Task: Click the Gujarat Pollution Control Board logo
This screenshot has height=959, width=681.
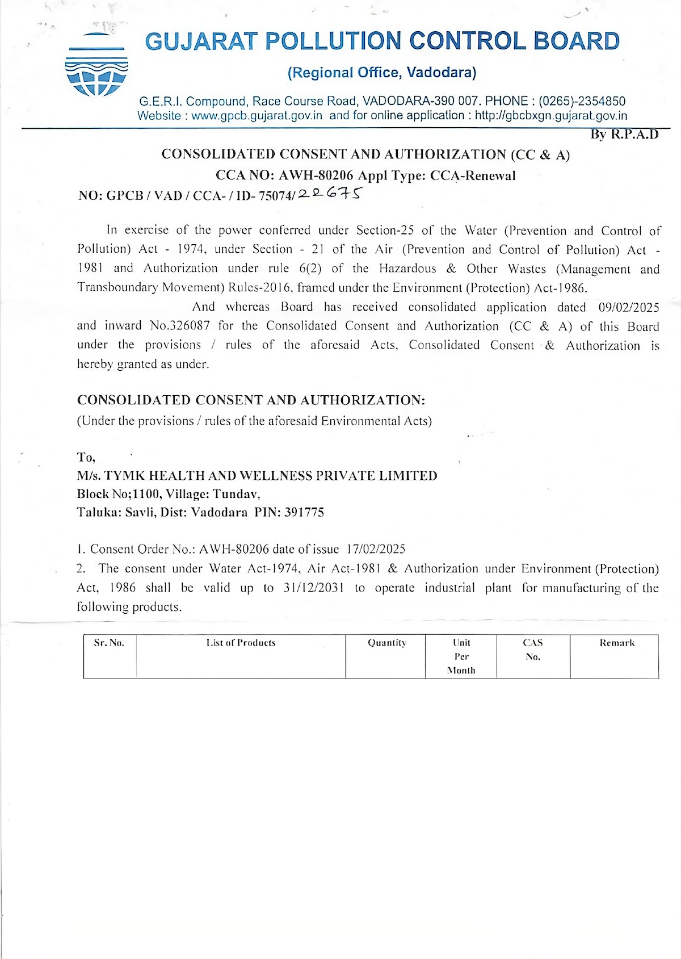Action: pos(96,65)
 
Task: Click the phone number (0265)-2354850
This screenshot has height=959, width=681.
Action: pos(582,101)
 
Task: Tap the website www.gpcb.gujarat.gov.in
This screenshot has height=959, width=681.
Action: pos(257,116)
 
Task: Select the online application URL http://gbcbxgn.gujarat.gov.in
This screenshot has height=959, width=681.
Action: pos(551,116)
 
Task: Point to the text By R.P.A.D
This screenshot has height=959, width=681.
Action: pos(624,135)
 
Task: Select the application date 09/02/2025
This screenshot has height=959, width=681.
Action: pos(629,307)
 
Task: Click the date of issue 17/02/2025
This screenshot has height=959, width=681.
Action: pos(376,549)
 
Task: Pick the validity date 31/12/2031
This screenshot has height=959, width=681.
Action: pos(313,588)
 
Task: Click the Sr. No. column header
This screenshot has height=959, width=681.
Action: pos(109,643)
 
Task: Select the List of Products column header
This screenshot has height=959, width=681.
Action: pos(241,643)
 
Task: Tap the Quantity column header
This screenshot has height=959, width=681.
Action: pos(387,643)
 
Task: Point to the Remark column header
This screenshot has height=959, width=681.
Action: pos(617,643)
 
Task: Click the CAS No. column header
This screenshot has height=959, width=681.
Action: pos(533,650)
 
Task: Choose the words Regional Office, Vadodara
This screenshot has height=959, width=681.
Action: pos(382,73)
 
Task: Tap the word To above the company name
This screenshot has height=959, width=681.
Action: pos(86,458)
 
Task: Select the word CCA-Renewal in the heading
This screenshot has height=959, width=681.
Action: pos(473,175)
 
